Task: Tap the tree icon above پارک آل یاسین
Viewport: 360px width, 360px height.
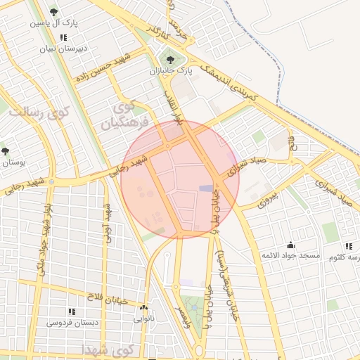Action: (54, 11)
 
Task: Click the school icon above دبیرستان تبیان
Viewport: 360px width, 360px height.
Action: (63, 37)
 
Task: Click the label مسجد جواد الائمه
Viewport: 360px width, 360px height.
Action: (290, 255)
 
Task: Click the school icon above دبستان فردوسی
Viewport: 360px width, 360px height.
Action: (71, 311)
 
